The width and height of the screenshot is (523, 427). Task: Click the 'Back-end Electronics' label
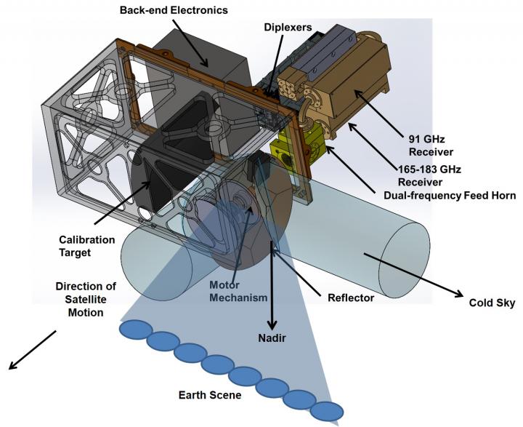pos(165,11)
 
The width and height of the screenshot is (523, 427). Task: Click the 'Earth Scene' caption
pos(211,396)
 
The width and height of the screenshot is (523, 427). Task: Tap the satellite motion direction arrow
pos(32,350)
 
